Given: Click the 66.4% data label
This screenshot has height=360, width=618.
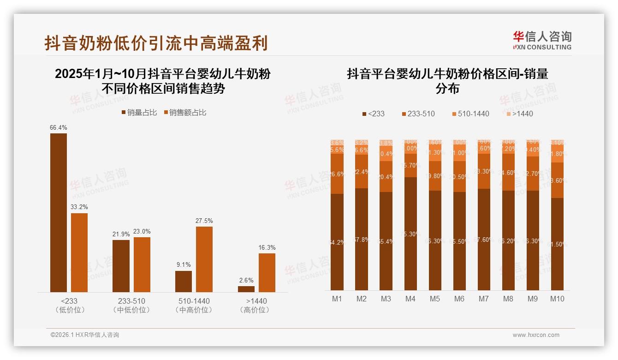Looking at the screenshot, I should coord(59,127).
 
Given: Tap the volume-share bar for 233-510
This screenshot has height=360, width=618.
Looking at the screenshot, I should coord(121,266).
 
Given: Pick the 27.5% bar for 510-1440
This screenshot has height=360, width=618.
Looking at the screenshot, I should coord(204,259).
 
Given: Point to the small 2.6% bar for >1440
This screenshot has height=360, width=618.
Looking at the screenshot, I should coord(246,289).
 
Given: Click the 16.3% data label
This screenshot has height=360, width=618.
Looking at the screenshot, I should coord(267,247).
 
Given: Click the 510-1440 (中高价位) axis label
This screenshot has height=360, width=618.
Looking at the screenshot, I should coord(194,305).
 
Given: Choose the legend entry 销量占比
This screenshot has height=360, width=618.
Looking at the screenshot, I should coord(139,112).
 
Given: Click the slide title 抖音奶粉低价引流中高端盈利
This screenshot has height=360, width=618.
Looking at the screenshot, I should coord(156,43).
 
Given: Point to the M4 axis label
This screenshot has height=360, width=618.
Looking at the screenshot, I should coord(410,299).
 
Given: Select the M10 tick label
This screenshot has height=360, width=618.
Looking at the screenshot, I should coord(557,299).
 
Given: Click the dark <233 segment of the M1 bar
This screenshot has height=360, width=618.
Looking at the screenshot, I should coord(337,242).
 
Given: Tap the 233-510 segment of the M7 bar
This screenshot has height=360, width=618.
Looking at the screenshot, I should coord(484,171).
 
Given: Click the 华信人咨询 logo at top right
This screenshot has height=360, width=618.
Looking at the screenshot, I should coord(542,40).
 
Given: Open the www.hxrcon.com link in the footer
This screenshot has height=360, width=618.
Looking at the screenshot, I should coord(536,335).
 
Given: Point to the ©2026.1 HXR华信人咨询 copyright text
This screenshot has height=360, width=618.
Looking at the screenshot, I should coord(85,335).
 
